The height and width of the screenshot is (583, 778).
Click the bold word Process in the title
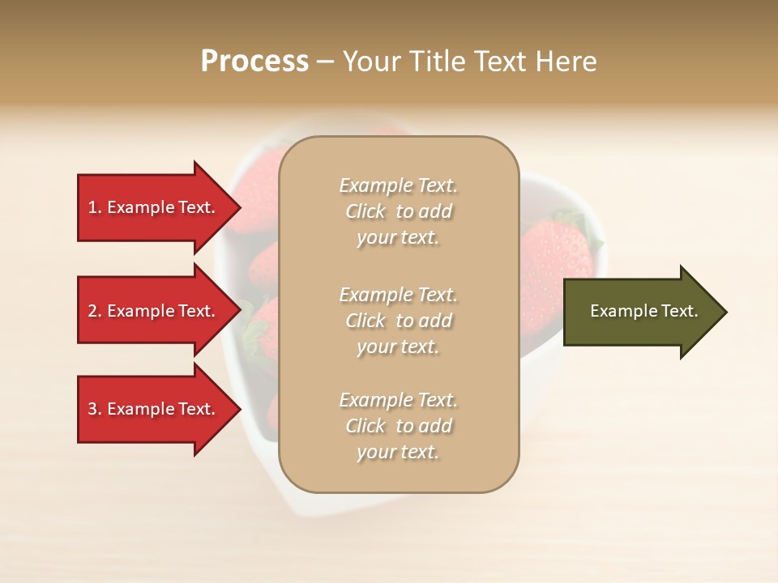[x=254, y=62]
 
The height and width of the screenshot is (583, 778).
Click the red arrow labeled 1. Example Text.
[x=154, y=207]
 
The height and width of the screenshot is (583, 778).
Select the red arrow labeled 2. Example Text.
[x=154, y=311]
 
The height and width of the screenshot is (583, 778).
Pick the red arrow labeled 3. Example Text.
[x=154, y=409]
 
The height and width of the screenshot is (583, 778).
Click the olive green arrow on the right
[x=640, y=312]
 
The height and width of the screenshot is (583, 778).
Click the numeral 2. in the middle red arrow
[x=95, y=311]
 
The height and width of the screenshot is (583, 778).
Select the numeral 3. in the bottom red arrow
[x=95, y=409]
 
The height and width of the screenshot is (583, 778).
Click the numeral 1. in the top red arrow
[x=95, y=207]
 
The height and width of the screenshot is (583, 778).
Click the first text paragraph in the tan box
[x=398, y=211]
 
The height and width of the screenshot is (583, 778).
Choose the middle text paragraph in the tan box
[x=398, y=321]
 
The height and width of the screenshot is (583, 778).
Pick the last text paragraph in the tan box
[x=398, y=426]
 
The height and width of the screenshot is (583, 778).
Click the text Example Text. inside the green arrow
[x=643, y=311]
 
